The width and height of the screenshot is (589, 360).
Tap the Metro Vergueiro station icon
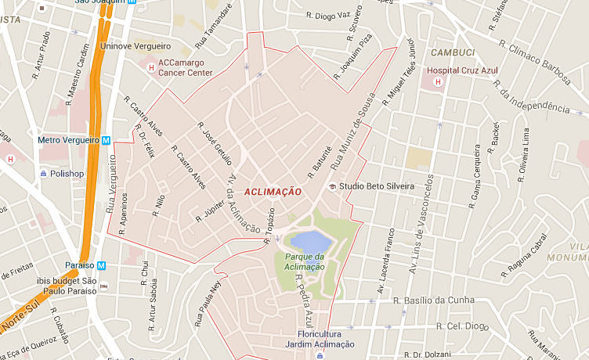pos(107,140)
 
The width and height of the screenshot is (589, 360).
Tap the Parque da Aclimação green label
pos(305,261)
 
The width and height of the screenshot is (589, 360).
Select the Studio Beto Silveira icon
pos(332,186)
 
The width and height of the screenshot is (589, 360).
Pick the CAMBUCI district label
pos(451,52)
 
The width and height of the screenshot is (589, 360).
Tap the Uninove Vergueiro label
pos(135,46)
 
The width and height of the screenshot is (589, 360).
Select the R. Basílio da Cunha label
pos(435,300)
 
